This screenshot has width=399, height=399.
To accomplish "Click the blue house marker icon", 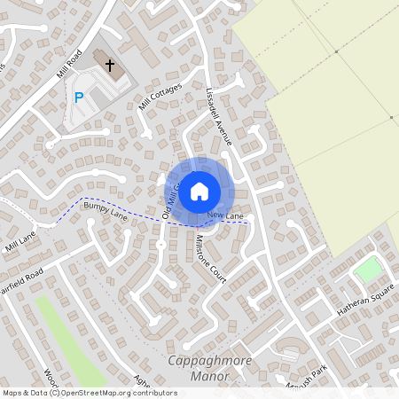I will (199, 190).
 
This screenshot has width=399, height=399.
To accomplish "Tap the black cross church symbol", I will (111, 66).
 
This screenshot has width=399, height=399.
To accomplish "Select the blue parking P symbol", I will (79, 98).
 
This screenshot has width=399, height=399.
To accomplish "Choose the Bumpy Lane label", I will (106, 210).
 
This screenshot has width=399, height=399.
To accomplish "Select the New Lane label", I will (224, 215).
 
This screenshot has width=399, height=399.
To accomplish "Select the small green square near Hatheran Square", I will (368, 269).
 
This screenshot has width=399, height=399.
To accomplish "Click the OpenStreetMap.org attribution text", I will (115, 392).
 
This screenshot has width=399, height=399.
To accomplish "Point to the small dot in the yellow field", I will (391, 117).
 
